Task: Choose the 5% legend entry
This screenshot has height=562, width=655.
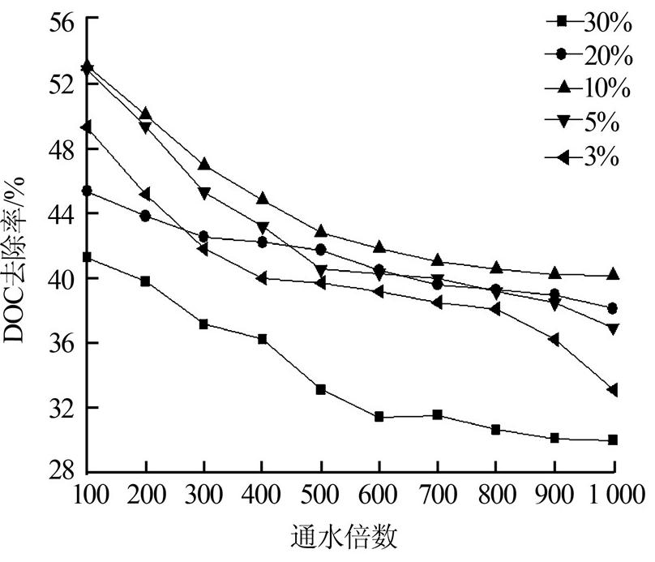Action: coord(600,122)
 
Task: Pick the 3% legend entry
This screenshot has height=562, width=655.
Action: coord(600,155)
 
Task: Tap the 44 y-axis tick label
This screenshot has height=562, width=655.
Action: coord(60,214)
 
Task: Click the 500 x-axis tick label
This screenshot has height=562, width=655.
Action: coord(321,495)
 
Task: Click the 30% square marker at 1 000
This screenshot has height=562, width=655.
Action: coord(613,440)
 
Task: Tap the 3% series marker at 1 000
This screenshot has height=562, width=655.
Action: coord(612,390)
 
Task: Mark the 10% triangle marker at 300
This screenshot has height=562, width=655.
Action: coord(204,165)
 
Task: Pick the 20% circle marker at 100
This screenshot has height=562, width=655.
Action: coord(88,191)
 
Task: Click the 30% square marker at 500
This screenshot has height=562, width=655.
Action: coord(321,390)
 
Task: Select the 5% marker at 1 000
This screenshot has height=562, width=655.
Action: coord(613,329)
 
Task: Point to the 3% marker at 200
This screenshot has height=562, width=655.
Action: coord(146,194)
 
